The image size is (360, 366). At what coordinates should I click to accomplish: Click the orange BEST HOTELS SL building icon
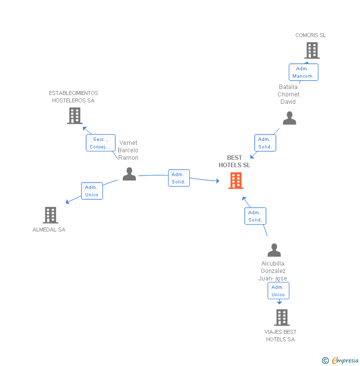pyautogui.click(x=236, y=181)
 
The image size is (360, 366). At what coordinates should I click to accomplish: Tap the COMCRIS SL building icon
pyautogui.click(x=312, y=50)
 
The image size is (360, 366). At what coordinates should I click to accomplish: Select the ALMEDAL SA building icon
pyautogui.click(x=50, y=215)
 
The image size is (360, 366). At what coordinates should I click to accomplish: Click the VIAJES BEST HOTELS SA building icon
pyautogui.click(x=281, y=317)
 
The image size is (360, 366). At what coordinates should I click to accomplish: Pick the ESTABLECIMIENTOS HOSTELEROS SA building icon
pyautogui.click(x=74, y=115)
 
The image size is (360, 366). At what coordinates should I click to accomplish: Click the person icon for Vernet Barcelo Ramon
pyautogui.click(x=129, y=174)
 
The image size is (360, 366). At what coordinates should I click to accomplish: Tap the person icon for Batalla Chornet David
pyautogui.click(x=289, y=118)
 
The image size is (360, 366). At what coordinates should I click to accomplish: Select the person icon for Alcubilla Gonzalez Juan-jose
pyautogui.click(x=274, y=250)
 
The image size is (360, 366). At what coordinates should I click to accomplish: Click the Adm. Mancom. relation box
pyautogui.click(x=303, y=72)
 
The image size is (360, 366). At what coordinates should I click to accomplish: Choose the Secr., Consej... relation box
pyautogui.click(x=100, y=143)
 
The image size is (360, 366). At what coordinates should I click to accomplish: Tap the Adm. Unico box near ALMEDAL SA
pyautogui.click(x=92, y=191)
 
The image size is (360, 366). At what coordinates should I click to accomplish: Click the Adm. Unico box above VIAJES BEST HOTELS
pyautogui.click(x=278, y=291)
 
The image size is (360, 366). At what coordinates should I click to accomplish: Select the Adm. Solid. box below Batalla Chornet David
pyautogui.click(x=265, y=143)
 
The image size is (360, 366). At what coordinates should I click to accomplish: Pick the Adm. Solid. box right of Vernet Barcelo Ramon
pyautogui.click(x=179, y=178)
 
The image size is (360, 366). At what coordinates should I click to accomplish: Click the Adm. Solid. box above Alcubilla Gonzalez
pyautogui.click(x=255, y=216)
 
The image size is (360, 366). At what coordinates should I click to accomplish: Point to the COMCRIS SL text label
pyautogui.click(x=311, y=35)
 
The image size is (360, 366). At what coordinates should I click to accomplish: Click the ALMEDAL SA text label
pyautogui.click(x=49, y=229)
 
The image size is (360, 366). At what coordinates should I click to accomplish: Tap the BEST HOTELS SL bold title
pyautogui.click(x=234, y=161)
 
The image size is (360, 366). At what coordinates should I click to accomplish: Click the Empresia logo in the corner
pyautogui.click(x=345, y=361)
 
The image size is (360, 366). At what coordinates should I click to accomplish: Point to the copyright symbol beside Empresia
pyautogui.click(x=325, y=361)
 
